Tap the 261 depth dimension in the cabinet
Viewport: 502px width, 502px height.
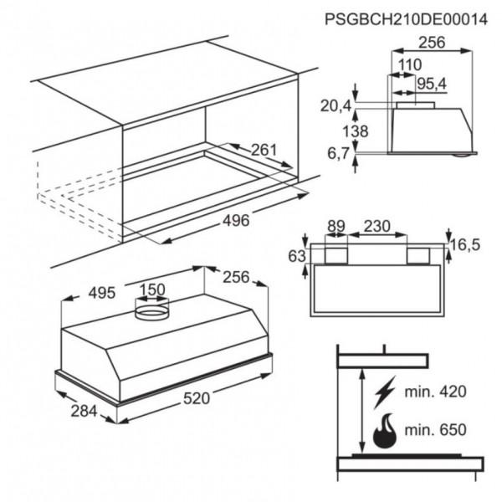pyautogui.click(x=264, y=151)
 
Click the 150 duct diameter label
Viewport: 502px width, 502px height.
pyautogui.click(x=151, y=290)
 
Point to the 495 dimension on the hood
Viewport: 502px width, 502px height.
pyautogui.click(x=102, y=294)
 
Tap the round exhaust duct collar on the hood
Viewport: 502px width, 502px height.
pyautogui.click(x=151, y=313)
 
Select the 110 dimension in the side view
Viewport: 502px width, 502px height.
pyautogui.click(x=409, y=65)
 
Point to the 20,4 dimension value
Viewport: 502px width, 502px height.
pyautogui.click(x=335, y=105)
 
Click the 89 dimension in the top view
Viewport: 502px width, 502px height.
pyautogui.click(x=337, y=225)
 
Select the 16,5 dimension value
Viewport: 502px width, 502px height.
pyautogui.click(x=469, y=244)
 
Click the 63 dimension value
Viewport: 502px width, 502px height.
pyautogui.click(x=296, y=256)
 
